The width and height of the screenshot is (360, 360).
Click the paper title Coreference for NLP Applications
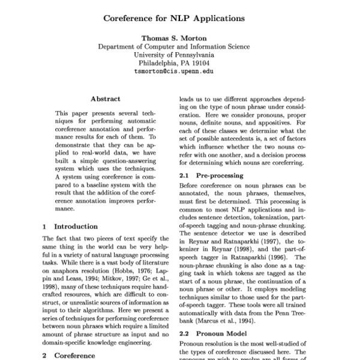(174, 19)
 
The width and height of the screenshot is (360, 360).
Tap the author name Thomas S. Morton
(174, 37)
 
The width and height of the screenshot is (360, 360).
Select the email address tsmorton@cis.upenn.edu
(174, 71)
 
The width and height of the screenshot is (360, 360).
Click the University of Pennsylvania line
(174, 54)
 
